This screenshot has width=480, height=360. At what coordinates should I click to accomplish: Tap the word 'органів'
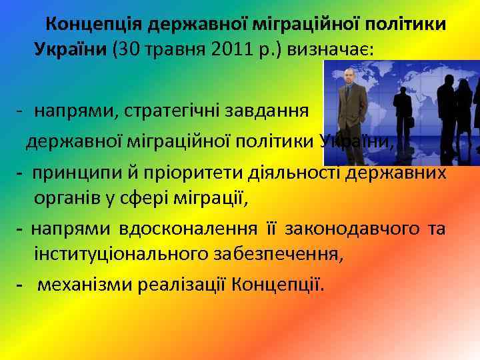point(66,199)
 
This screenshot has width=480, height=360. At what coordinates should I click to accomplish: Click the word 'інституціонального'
point(113,255)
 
